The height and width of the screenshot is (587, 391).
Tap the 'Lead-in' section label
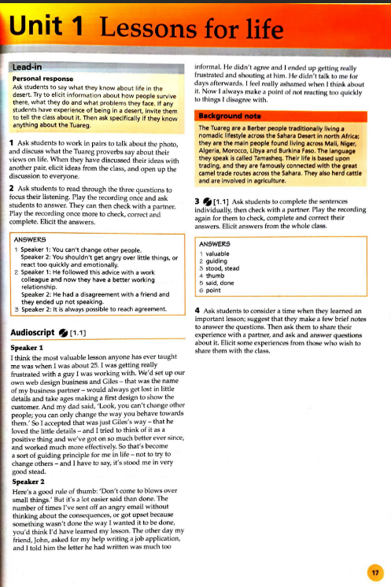(29, 68)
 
